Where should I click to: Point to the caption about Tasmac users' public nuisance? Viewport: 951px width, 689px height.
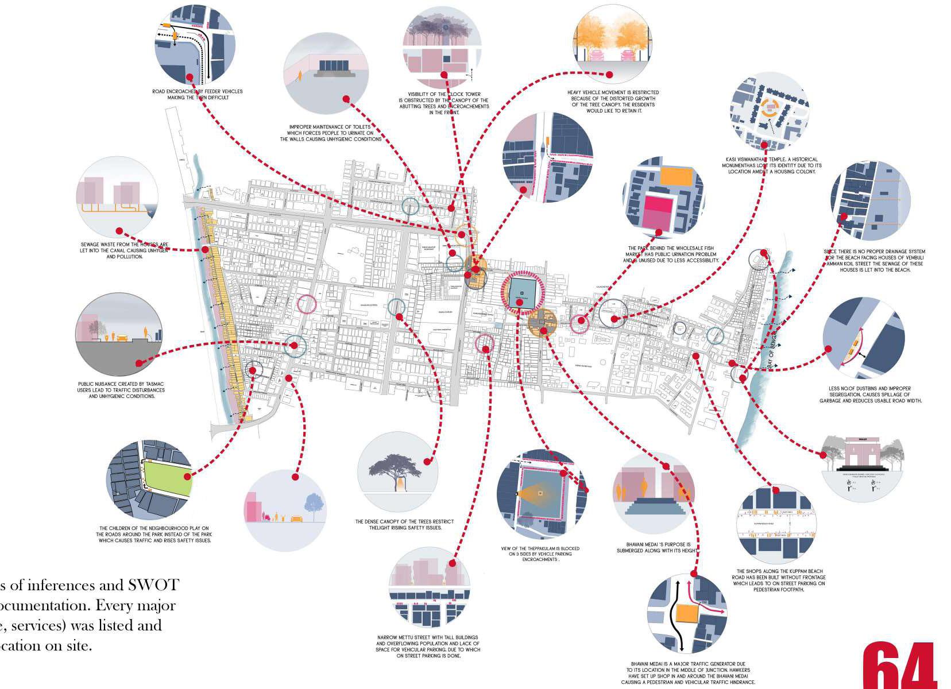121,390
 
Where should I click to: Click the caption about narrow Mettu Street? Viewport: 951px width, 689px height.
428,647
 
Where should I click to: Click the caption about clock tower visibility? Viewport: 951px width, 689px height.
443,103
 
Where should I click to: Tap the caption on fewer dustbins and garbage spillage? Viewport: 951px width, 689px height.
869,394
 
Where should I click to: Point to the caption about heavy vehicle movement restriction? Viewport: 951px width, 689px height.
613,101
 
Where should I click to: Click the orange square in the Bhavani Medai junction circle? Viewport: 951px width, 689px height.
685,614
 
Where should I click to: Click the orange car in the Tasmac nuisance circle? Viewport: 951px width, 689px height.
122,338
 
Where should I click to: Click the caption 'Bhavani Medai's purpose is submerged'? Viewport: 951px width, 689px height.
657,548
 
